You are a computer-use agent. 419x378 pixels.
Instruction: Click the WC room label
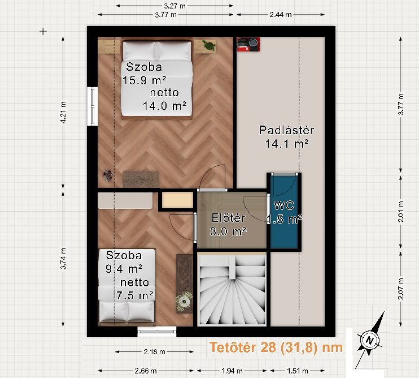(x=285, y=212)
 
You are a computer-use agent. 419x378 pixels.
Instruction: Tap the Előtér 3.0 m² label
(x=228, y=225)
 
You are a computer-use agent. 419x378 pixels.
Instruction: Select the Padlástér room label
(x=286, y=137)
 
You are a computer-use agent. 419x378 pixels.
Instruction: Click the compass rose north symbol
(x=369, y=341)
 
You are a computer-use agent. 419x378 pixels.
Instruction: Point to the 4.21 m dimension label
(x=63, y=113)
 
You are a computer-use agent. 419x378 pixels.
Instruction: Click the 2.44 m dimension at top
(x=280, y=15)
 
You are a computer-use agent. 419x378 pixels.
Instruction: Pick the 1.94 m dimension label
(x=232, y=371)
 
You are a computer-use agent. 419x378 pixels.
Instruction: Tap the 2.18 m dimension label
(x=155, y=351)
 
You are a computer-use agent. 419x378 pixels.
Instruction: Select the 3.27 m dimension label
(x=174, y=6)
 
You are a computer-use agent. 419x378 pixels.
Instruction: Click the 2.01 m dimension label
(x=401, y=212)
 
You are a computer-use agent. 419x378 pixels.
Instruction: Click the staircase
(x=232, y=289)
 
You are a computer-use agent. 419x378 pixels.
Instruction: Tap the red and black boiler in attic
(x=248, y=44)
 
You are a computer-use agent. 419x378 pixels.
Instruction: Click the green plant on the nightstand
(x=209, y=45)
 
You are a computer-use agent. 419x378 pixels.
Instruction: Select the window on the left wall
(x=93, y=106)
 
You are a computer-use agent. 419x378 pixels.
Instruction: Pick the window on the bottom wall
(x=157, y=332)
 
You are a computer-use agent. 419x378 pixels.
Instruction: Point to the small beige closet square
(x=177, y=200)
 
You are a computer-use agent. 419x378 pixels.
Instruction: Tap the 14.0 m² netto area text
(x=164, y=99)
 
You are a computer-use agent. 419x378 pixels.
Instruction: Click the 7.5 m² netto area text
(x=134, y=289)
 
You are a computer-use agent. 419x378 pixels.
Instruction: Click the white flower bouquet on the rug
(x=184, y=301)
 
